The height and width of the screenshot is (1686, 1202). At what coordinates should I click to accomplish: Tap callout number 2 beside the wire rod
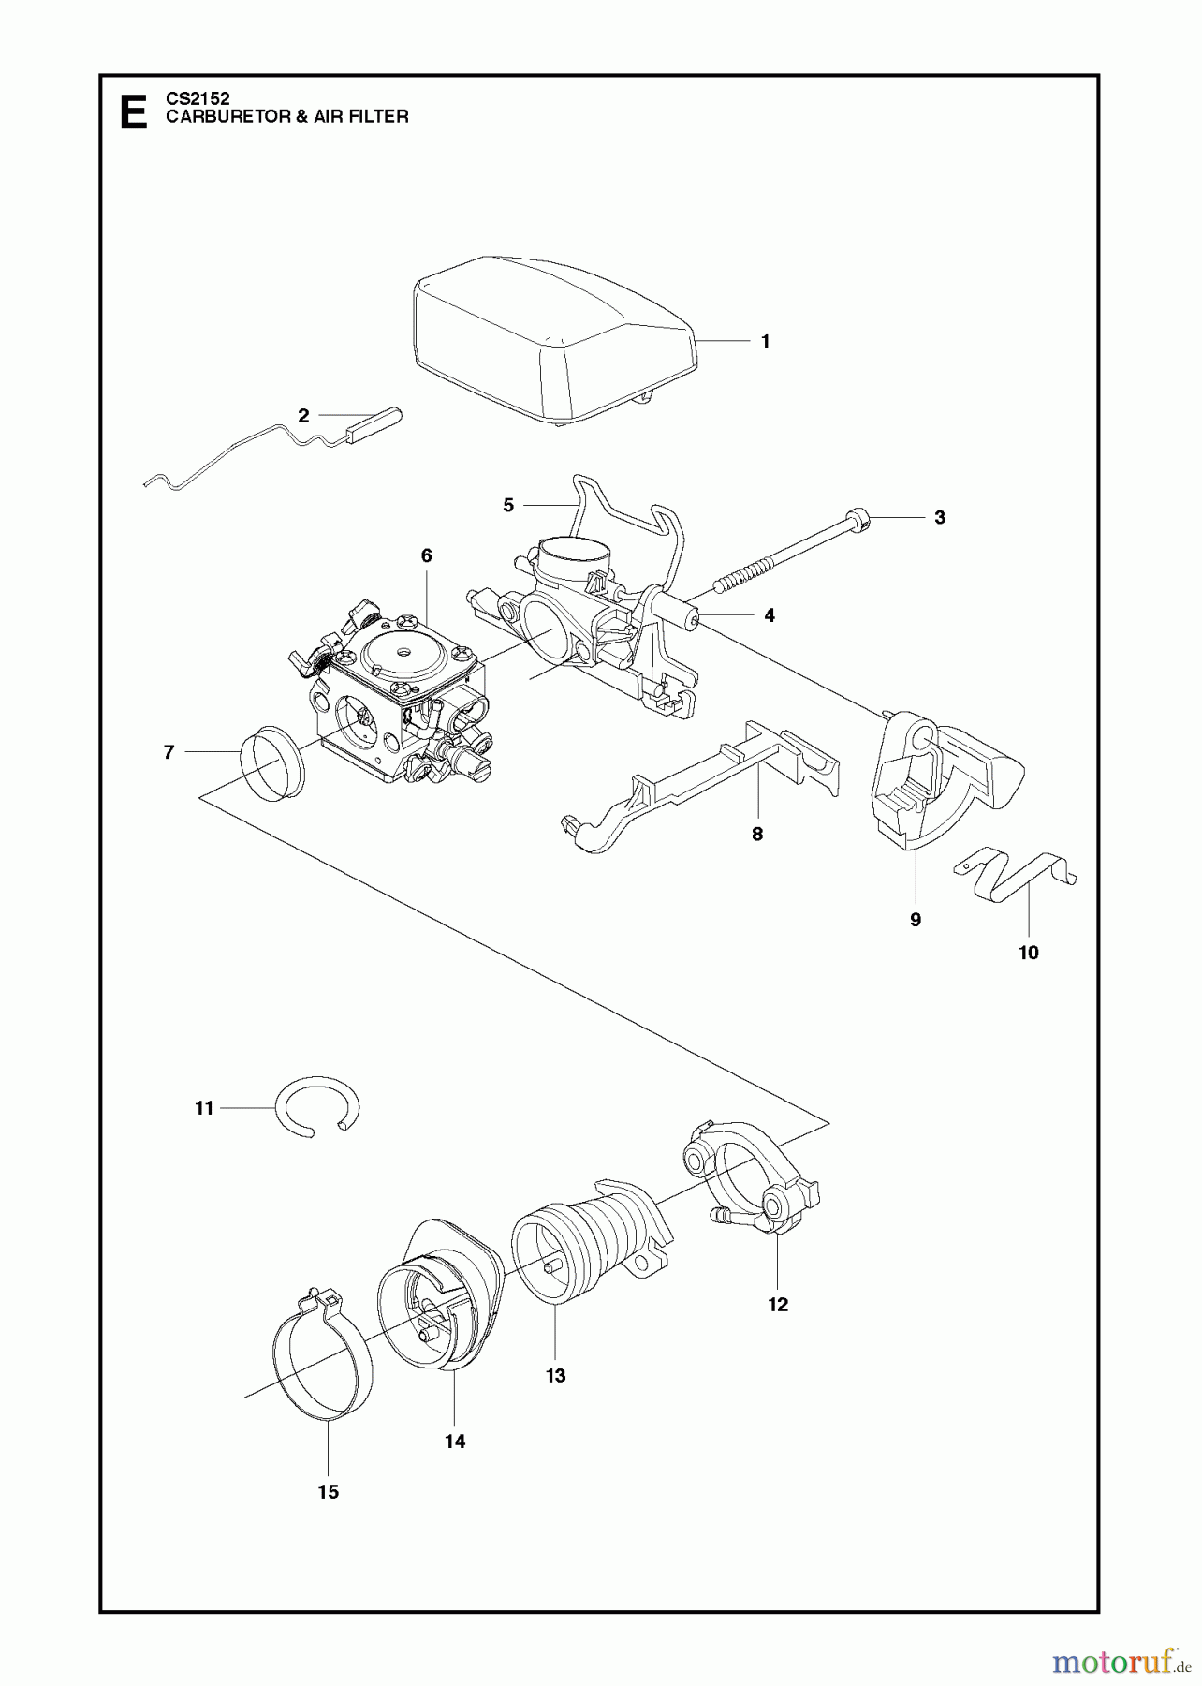point(303,416)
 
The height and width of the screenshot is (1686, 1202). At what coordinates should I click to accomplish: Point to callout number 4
point(770,615)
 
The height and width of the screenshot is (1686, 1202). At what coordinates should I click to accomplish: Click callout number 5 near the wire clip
point(508,506)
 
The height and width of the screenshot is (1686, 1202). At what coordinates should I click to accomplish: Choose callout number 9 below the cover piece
point(916,920)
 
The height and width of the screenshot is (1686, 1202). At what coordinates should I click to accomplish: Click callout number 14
point(455,1442)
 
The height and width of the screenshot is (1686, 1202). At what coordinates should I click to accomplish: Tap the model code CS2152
point(198,97)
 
